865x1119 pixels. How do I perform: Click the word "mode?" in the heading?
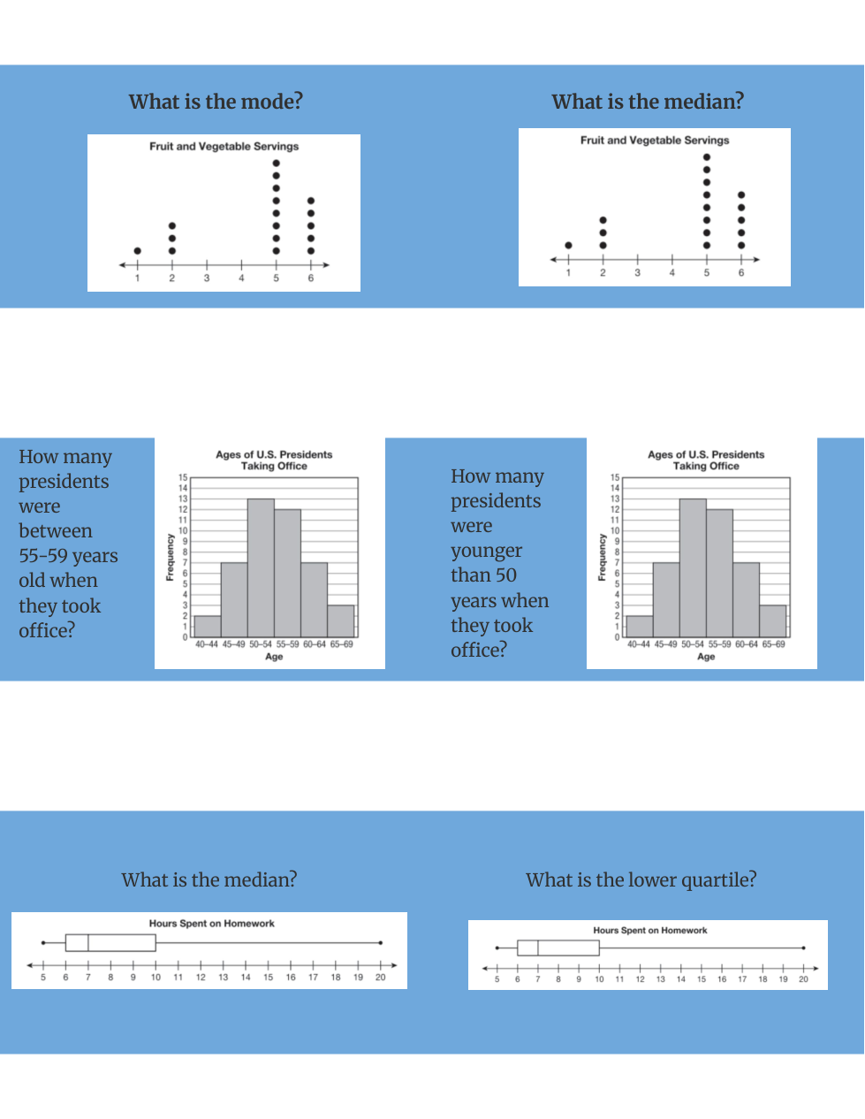273,102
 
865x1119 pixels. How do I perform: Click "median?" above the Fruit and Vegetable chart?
704,102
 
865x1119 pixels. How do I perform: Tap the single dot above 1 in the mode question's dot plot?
137,251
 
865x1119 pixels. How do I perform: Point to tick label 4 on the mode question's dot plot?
241,278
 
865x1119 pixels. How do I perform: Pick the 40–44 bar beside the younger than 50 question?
640,626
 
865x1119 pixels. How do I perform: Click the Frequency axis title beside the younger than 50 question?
602,557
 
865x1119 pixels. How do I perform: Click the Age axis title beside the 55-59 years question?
274,657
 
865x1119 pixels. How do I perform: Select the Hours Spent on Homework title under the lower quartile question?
650,930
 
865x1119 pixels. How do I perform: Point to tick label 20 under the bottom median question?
381,978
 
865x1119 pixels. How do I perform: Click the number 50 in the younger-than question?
505,575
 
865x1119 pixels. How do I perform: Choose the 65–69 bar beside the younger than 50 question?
773,620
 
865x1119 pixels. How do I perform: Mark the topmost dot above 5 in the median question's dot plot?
707,157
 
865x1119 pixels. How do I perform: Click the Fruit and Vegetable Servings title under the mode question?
224,147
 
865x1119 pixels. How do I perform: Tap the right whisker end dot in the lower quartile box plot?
804,948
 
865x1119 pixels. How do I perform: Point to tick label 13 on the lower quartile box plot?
661,979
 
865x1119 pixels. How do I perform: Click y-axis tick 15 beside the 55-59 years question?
183,477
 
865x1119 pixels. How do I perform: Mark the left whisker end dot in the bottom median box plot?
43,942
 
